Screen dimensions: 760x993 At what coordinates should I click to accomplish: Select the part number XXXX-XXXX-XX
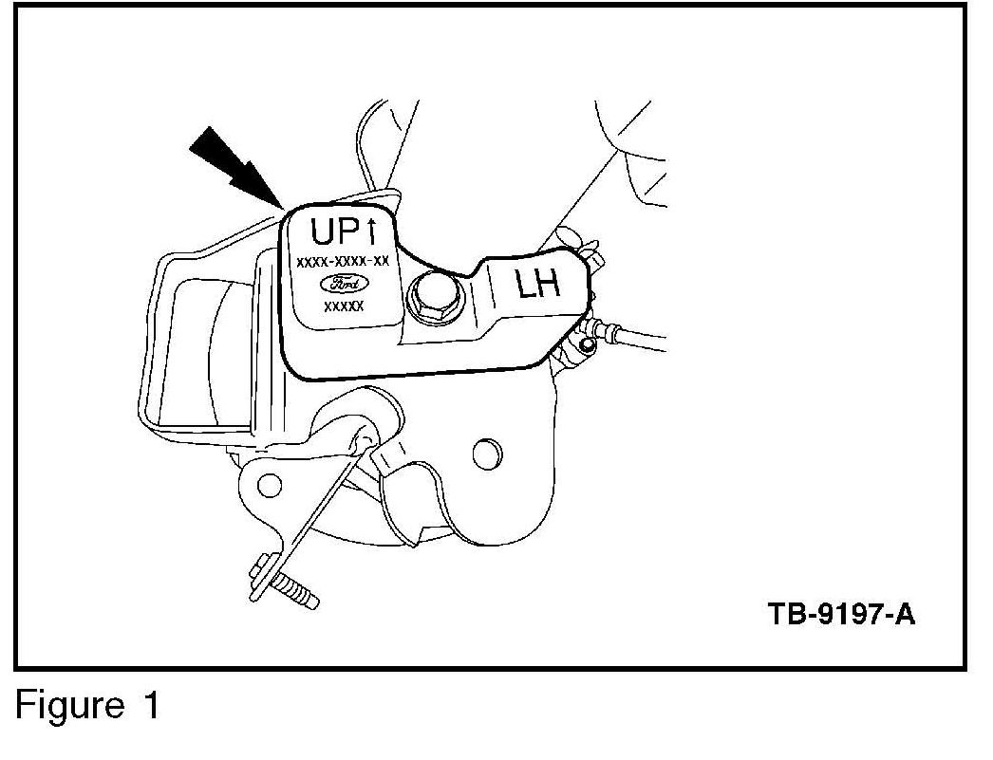tap(342, 261)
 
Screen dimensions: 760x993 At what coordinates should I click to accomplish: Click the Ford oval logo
tap(342, 284)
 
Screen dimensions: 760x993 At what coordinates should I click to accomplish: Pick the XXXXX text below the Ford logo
tap(343, 306)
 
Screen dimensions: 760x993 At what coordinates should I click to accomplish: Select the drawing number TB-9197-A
tap(841, 614)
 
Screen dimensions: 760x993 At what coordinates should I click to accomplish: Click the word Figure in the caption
tap(68, 707)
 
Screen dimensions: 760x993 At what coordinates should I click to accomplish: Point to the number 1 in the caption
tap(150, 707)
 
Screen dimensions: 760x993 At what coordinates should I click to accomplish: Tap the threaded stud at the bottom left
tap(296, 592)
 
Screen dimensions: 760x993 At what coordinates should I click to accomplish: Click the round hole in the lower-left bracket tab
tap(270, 486)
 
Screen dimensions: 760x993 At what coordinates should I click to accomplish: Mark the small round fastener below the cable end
tap(588, 347)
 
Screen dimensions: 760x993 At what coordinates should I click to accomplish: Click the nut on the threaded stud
tap(264, 574)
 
